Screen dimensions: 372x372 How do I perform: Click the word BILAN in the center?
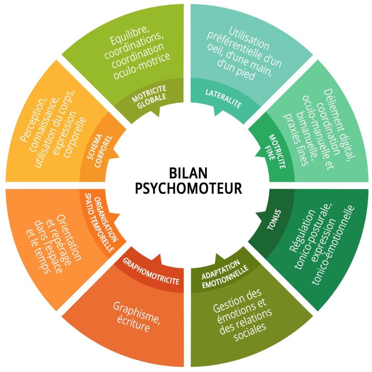click(x=188, y=173)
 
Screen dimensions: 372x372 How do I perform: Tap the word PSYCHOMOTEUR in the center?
click(x=188, y=188)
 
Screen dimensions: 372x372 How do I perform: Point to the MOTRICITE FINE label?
click(x=275, y=151)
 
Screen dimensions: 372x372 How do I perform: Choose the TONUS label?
click(x=274, y=220)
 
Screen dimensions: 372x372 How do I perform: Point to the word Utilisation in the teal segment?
click(x=249, y=38)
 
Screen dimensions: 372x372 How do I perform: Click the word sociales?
click(x=250, y=332)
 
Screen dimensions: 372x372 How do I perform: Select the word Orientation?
click(x=69, y=237)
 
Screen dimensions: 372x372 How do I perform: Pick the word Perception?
click(x=34, y=120)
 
